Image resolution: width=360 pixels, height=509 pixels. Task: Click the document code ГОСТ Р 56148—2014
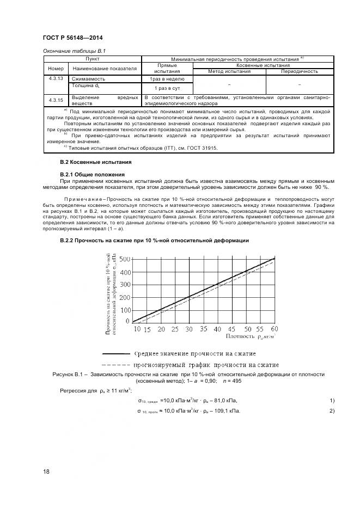[x=72, y=38]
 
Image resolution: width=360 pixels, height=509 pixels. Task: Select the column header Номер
[x=56, y=69]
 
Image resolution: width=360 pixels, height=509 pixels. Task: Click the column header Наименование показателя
[x=104, y=69]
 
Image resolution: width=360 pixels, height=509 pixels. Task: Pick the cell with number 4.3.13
[x=56, y=79]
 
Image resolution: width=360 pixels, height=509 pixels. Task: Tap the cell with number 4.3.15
[x=56, y=100]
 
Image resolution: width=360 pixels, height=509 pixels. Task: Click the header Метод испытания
[x=229, y=71]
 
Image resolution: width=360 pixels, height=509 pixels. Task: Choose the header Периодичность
[x=299, y=71]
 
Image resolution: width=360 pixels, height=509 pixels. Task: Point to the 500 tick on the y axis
[x=125, y=259]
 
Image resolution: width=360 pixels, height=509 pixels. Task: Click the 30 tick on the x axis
[x=188, y=329]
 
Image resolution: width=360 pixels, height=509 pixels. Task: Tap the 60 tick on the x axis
[x=274, y=329]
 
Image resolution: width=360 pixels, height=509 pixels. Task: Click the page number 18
[x=46, y=471]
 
